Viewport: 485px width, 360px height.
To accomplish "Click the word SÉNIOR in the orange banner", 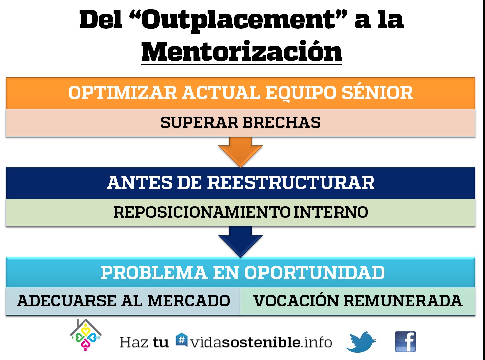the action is (x=377, y=92).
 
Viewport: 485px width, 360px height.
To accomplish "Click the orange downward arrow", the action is (x=240, y=152).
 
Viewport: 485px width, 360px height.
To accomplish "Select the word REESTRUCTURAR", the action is (x=291, y=183).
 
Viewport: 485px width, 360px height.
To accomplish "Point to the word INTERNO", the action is (x=331, y=212).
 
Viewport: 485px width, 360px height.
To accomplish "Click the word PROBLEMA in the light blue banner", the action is (x=154, y=273).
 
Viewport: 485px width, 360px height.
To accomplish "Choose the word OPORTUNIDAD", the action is (x=314, y=273).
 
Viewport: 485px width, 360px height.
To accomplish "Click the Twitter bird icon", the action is (x=360, y=342).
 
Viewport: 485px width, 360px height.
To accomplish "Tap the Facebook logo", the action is (x=405, y=342).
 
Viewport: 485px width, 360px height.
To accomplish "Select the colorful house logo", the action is (x=86, y=335).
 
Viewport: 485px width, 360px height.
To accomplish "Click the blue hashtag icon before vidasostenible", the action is (x=181, y=340).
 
